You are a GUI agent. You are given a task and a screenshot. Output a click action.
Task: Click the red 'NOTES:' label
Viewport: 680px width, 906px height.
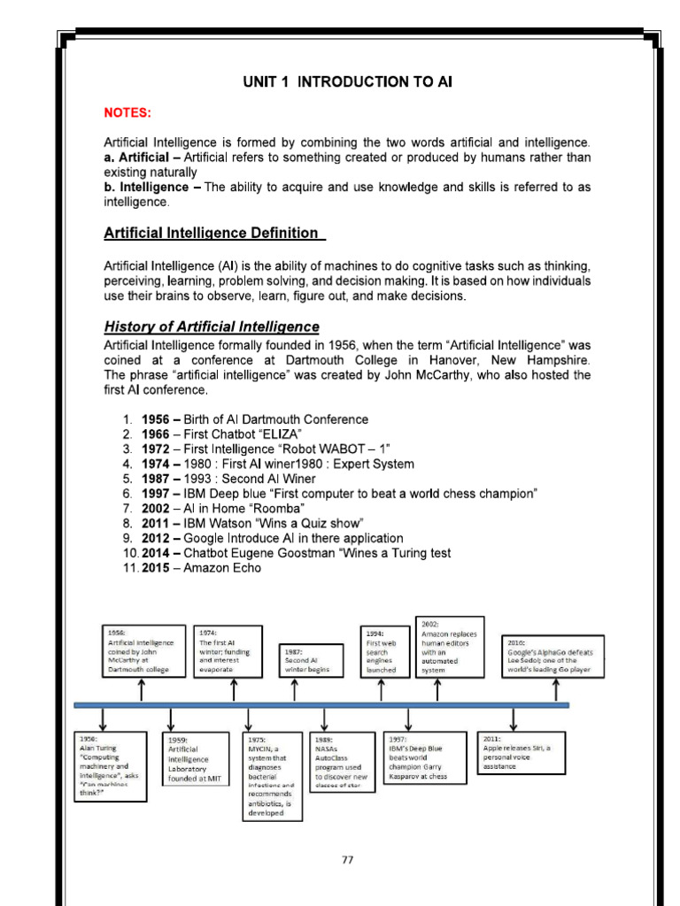pyautogui.click(x=128, y=113)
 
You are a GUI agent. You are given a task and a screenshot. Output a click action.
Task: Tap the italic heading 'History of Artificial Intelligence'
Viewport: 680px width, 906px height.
pyautogui.click(x=212, y=326)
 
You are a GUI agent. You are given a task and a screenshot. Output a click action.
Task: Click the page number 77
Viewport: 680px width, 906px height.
pyautogui.click(x=346, y=859)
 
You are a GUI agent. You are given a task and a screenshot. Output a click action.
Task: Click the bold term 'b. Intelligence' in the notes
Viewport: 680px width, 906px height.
pyautogui.click(x=146, y=187)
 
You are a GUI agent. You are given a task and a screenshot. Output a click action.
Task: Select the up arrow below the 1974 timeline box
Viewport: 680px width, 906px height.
pyautogui.click(x=235, y=690)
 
